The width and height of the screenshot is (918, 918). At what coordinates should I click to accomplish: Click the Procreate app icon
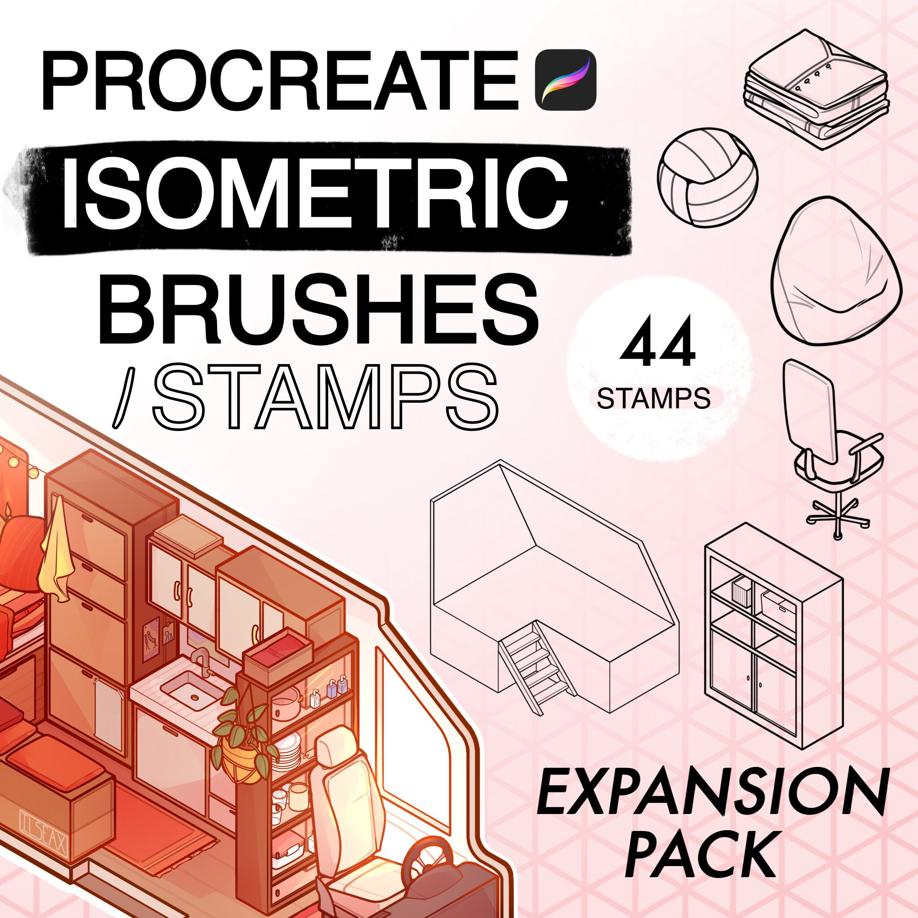565,80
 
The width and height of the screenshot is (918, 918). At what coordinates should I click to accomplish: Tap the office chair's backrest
809,411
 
